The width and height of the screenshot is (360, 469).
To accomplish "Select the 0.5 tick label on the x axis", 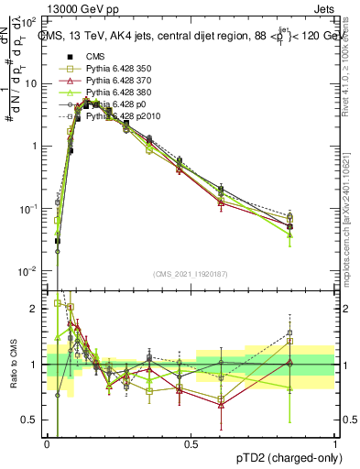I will (191, 444).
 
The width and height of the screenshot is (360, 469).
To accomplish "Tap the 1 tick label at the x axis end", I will (335, 444).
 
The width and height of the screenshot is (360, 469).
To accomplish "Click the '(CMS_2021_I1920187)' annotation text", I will (191, 272).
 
